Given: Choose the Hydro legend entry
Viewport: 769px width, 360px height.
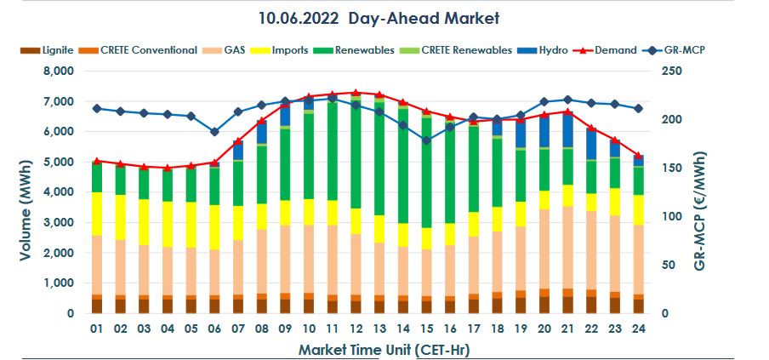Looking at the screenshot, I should point(545,50).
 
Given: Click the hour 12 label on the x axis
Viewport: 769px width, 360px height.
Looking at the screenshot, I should point(356,329).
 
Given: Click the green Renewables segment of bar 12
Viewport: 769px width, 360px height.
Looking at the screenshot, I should point(356,153).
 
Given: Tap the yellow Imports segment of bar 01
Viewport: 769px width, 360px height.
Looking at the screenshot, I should point(97,214).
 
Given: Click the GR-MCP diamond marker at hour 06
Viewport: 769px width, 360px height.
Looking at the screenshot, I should point(214,132).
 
